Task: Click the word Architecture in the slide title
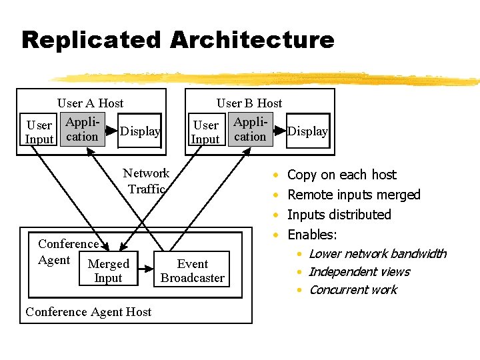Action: point(251,40)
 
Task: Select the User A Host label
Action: point(90,103)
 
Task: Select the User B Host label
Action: point(249,103)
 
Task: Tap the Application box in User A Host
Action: point(82,130)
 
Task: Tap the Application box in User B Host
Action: point(250,130)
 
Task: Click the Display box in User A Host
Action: point(140,131)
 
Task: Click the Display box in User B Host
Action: point(307,131)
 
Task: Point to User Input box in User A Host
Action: point(39,132)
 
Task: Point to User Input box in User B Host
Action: point(206,132)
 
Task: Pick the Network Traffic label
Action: point(146,181)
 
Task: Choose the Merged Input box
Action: point(109,271)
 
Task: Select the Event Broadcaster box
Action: point(193,271)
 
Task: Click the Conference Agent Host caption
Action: point(88,312)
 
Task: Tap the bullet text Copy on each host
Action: point(341,175)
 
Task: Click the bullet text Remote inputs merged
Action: point(353,195)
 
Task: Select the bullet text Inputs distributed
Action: point(339,215)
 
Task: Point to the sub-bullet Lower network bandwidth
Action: point(377,253)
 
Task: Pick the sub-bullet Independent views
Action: point(359,271)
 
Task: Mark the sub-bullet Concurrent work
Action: point(353,289)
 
